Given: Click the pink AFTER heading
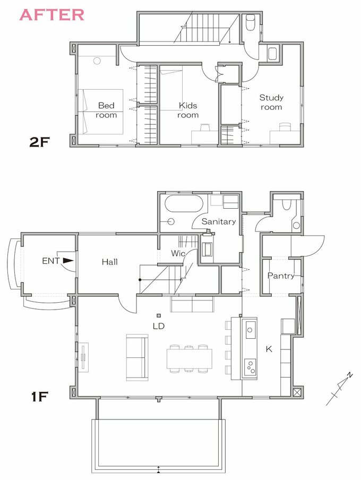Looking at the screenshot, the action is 51,15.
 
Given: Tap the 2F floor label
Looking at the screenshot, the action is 39,142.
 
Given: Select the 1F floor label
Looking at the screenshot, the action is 40,397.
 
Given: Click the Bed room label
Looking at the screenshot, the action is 106,110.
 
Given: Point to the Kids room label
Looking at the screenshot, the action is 188,110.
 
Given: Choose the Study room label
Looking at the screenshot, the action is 271,102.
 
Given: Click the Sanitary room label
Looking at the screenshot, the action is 219,221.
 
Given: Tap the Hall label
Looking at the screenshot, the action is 109,262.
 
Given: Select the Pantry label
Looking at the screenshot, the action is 281,276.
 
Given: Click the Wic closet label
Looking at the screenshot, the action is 178,253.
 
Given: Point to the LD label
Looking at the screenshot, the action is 159,326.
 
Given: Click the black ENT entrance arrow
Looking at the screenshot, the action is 68,261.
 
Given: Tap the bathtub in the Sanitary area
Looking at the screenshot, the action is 184,203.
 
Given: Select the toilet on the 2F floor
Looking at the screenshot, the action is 251,22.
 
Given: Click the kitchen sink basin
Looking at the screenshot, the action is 250,330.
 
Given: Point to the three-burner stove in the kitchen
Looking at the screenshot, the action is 250,367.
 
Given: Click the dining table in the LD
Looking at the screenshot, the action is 190,359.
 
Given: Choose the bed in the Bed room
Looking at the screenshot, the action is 101,112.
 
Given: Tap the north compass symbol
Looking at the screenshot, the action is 339,389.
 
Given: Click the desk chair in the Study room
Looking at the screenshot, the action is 285,127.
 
